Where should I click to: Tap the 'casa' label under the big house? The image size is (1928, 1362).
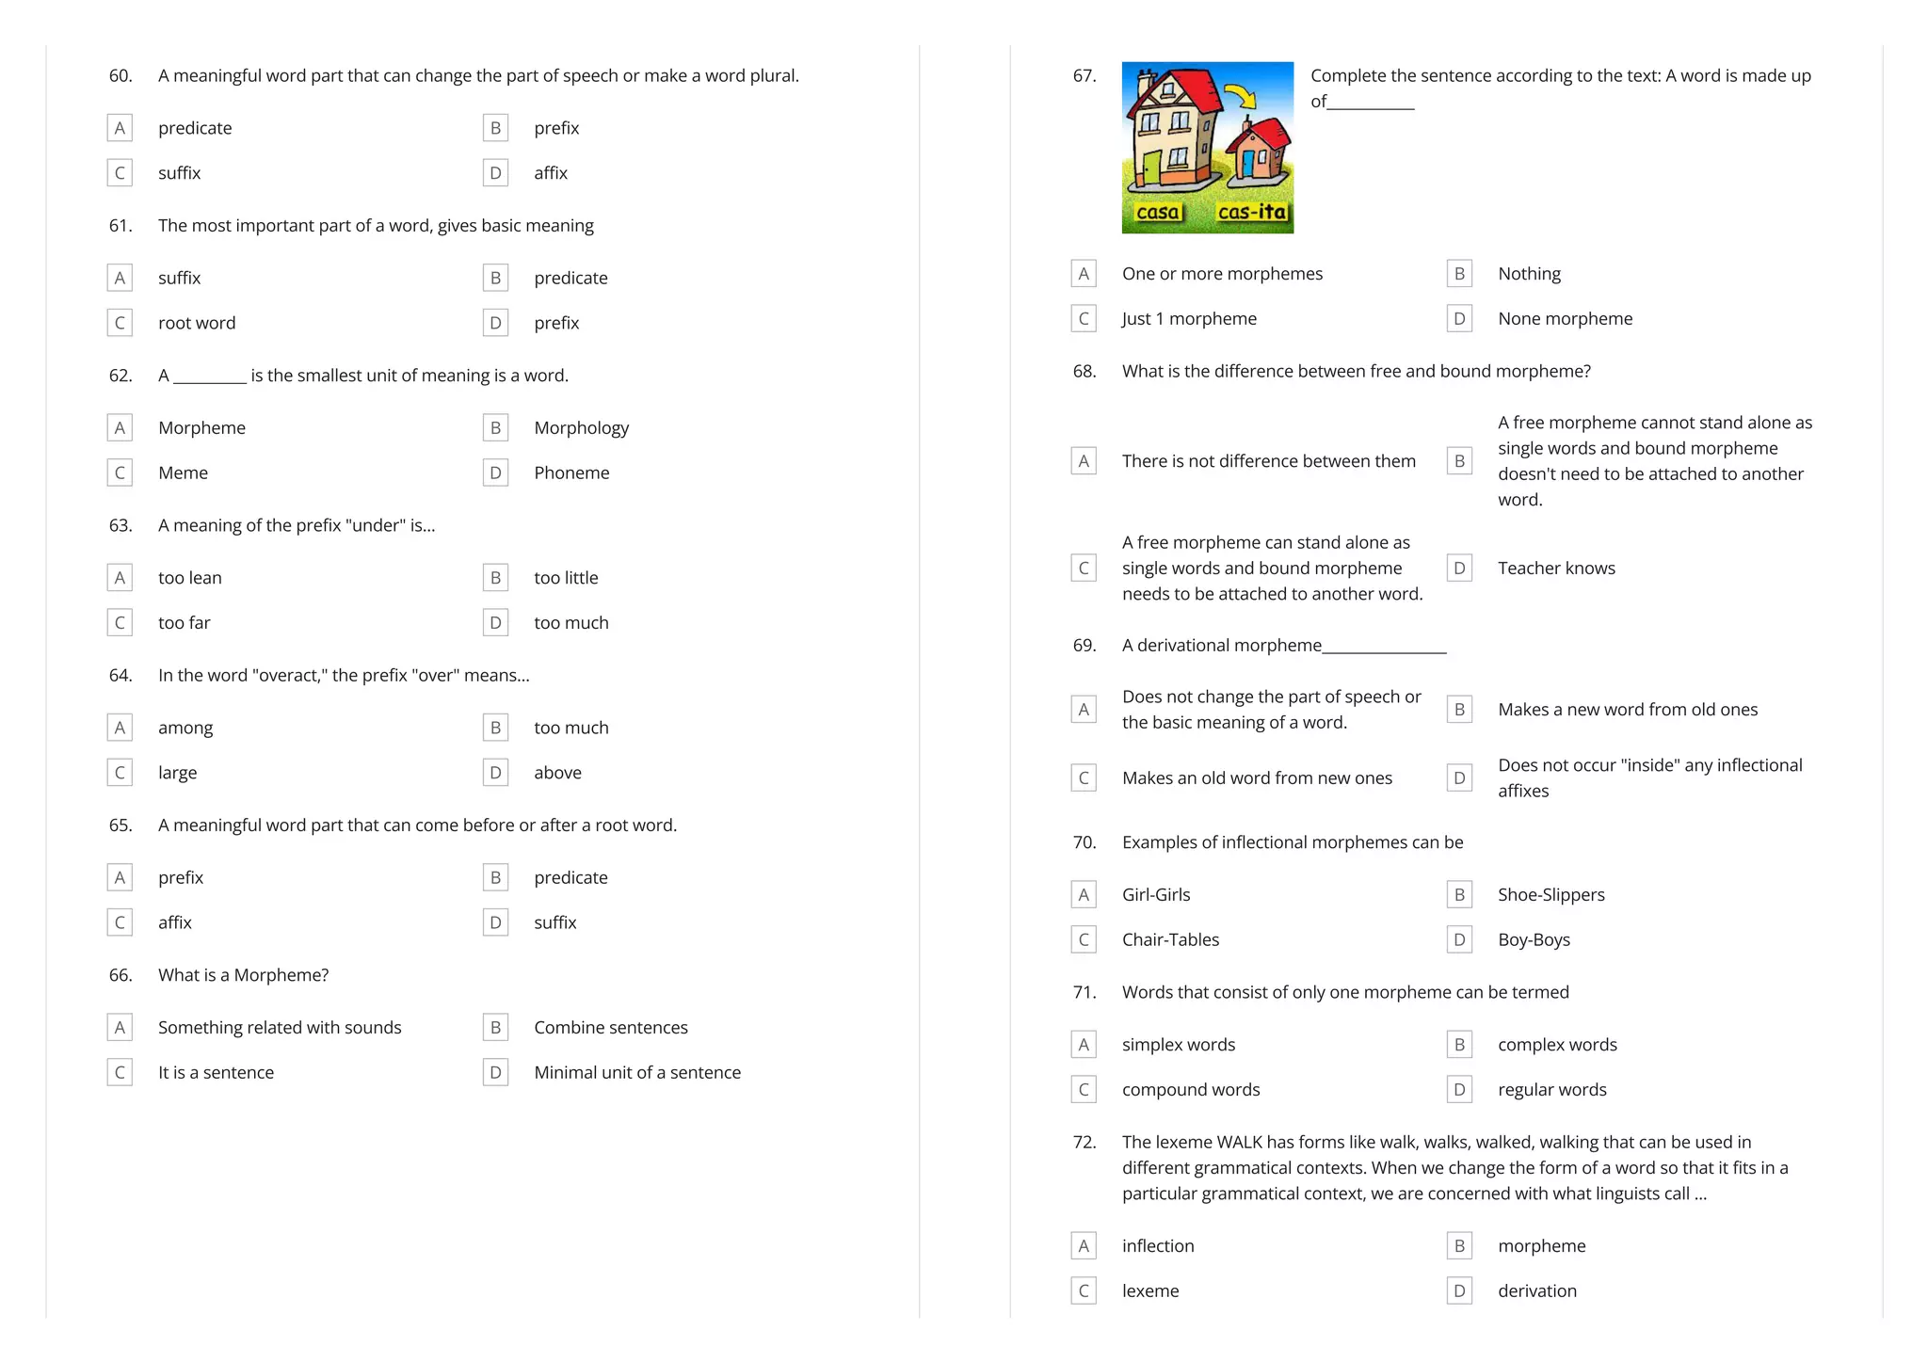coord(1158,213)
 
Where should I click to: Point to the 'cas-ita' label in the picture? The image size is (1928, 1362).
coord(1252,213)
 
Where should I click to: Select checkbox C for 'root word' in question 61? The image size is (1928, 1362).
coord(120,323)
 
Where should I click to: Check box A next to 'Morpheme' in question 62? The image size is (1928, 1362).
coord(120,428)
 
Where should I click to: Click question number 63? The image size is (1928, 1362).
coord(120,525)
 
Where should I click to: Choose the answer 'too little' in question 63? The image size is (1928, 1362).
coord(566,578)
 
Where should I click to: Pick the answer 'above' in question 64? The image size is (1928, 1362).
coord(557,773)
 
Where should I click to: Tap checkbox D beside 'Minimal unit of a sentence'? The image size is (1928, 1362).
coord(495,1072)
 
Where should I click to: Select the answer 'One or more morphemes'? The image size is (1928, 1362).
coord(1222,274)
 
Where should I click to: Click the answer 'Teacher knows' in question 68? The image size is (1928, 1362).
coord(1556,569)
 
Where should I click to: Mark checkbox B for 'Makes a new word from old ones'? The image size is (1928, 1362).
coord(1459,710)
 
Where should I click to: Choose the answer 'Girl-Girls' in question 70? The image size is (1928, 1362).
coord(1156,895)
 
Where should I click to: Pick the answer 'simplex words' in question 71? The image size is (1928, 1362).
coord(1179,1045)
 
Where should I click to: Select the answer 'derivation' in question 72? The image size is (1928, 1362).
coord(1537,1291)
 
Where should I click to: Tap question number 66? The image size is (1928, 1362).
coord(120,975)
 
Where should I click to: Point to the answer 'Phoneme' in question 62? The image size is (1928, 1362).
coord(571,473)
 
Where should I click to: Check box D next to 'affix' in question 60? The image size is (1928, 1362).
coord(495,173)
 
